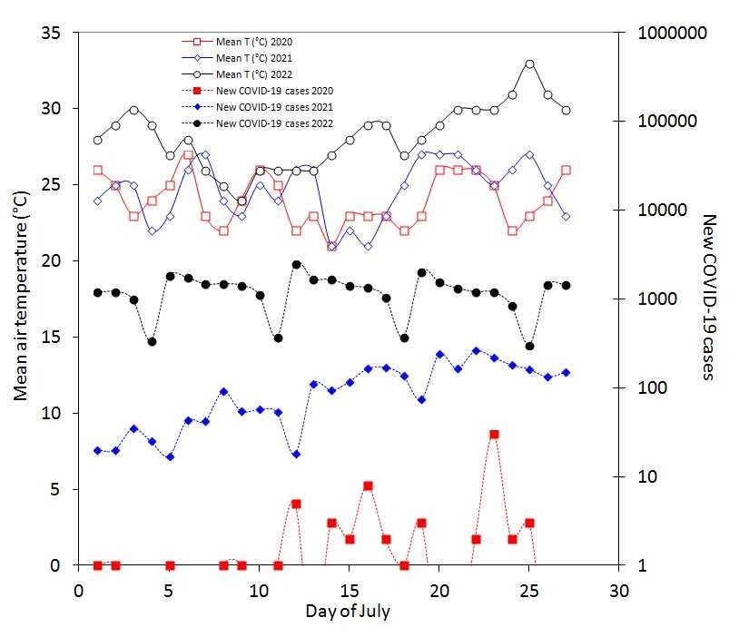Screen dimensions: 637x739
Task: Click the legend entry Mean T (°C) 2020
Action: point(254,42)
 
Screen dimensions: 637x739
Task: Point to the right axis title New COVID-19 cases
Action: point(709,297)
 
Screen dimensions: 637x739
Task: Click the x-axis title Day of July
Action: point(348,611)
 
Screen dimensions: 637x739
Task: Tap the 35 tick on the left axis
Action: point(52,33)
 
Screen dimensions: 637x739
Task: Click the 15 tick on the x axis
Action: point(349,587)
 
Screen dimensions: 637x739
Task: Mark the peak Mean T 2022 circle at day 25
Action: point(529,64)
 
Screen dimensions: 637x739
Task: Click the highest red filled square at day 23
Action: point(494,435)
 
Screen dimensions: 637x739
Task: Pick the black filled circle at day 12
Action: point(296,264)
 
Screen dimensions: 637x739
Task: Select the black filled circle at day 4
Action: point(152,342)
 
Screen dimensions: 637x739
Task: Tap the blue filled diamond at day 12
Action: point(296,454)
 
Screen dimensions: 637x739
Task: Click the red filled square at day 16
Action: point(368,485)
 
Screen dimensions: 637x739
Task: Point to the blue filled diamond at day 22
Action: point(476,350)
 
